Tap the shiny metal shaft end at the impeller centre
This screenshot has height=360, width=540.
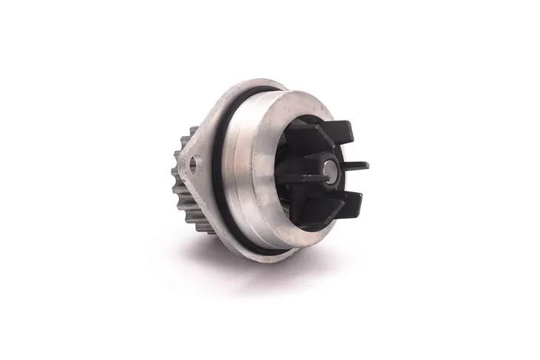point(326,169)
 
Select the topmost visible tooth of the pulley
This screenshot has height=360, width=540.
point(192,132)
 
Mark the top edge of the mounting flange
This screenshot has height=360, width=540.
point(244,84)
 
